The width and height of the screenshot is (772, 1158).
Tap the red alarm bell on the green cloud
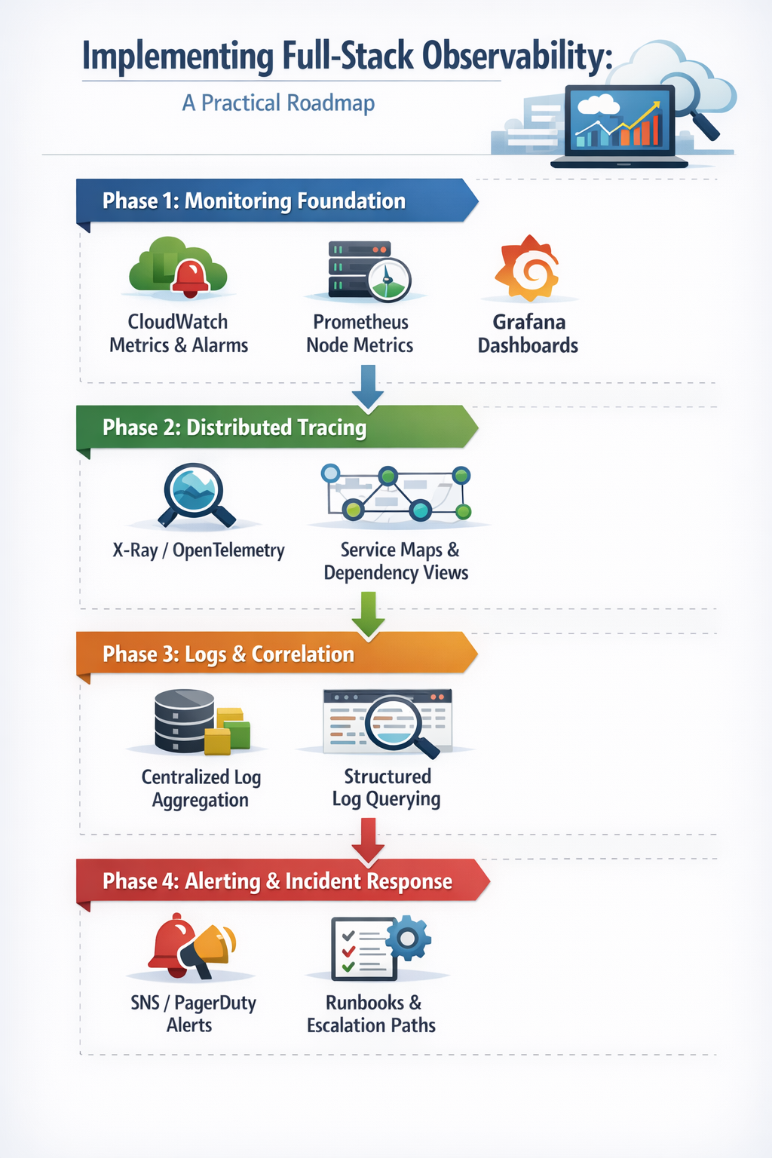tap(190, 278)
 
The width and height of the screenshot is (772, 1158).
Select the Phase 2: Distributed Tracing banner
tap(277, 427)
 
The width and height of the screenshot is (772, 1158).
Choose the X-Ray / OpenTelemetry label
tap(198, 550)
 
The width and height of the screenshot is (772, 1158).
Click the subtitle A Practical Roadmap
tap(278, 103)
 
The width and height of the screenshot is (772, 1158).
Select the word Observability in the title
tap(517, 56)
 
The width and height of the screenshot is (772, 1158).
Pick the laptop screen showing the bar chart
tap(620, 120)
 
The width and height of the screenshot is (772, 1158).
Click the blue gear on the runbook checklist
tap(408, 938)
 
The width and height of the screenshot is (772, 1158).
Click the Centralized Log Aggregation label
tap(201, 789)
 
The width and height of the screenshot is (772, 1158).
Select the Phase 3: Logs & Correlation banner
tap(277, 654)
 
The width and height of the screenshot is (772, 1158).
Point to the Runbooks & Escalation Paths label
tap(372, 1014)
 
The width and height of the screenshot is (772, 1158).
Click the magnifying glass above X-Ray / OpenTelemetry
tap(195, 495)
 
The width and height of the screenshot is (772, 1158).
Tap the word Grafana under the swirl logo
tap(529, 322)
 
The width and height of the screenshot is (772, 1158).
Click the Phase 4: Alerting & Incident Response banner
tap(283, 881)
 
